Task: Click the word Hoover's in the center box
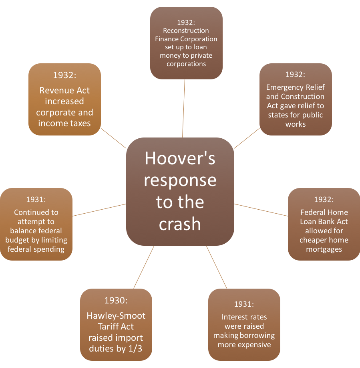180,158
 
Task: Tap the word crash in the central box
180,224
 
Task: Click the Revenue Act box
64,99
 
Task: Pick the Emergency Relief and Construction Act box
296,99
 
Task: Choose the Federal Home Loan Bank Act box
324,224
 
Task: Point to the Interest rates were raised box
244,324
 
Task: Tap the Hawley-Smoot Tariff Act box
116,324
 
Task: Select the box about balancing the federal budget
36,224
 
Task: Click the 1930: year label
116,301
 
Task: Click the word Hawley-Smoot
116,316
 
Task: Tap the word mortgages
324,249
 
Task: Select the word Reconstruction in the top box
186,30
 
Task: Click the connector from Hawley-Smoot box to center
143,267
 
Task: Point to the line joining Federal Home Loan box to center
261,210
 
